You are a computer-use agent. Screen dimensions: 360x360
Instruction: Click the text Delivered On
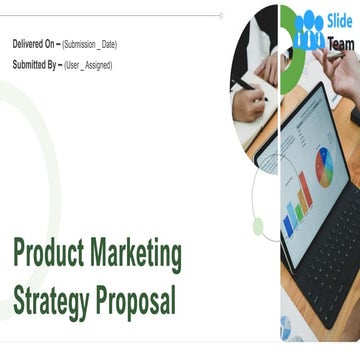click(35, 45)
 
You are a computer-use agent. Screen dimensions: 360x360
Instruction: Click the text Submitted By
click(35, 65)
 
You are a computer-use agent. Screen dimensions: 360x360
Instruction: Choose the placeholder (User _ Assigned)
click(87, 66)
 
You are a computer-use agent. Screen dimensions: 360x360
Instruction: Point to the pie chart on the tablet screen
click(323, 165)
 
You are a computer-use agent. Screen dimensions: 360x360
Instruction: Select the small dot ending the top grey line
click(221, 15)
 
